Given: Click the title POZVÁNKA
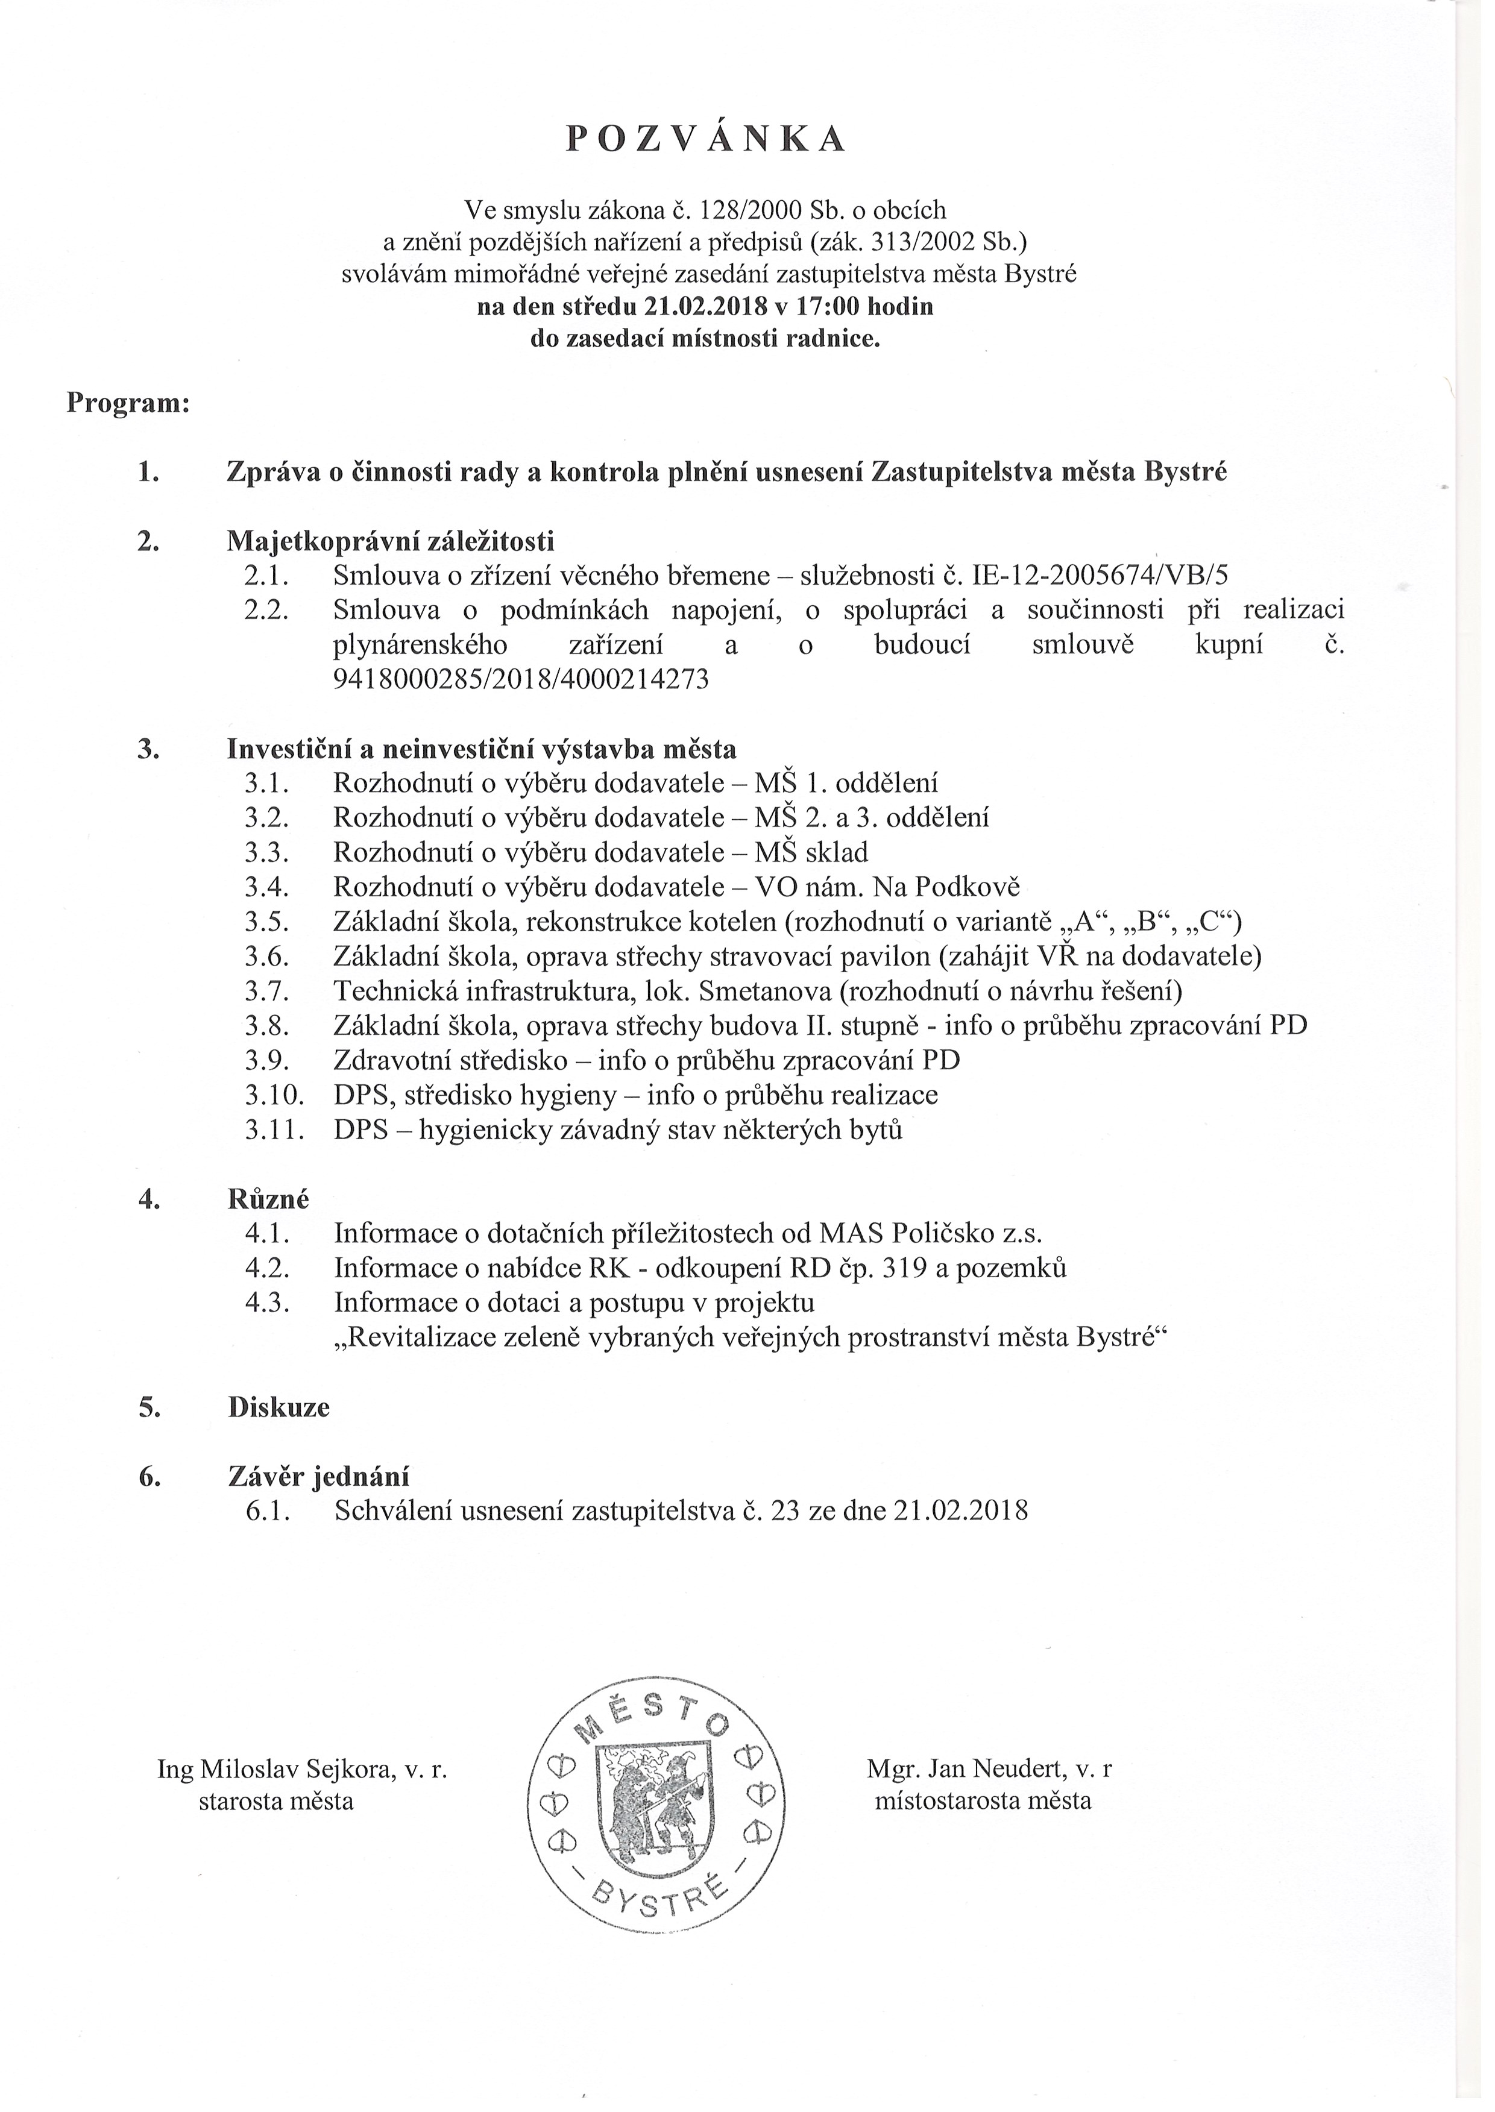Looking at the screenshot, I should (x=705, y=138).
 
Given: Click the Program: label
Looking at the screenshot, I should (x=128, y=404).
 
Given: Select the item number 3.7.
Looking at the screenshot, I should (x=267, y=991).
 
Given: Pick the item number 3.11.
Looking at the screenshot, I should (x=274, y=1130).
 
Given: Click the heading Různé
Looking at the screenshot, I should (x=268, y=1199).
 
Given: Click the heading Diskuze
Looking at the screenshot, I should (x=278, y=1407).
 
